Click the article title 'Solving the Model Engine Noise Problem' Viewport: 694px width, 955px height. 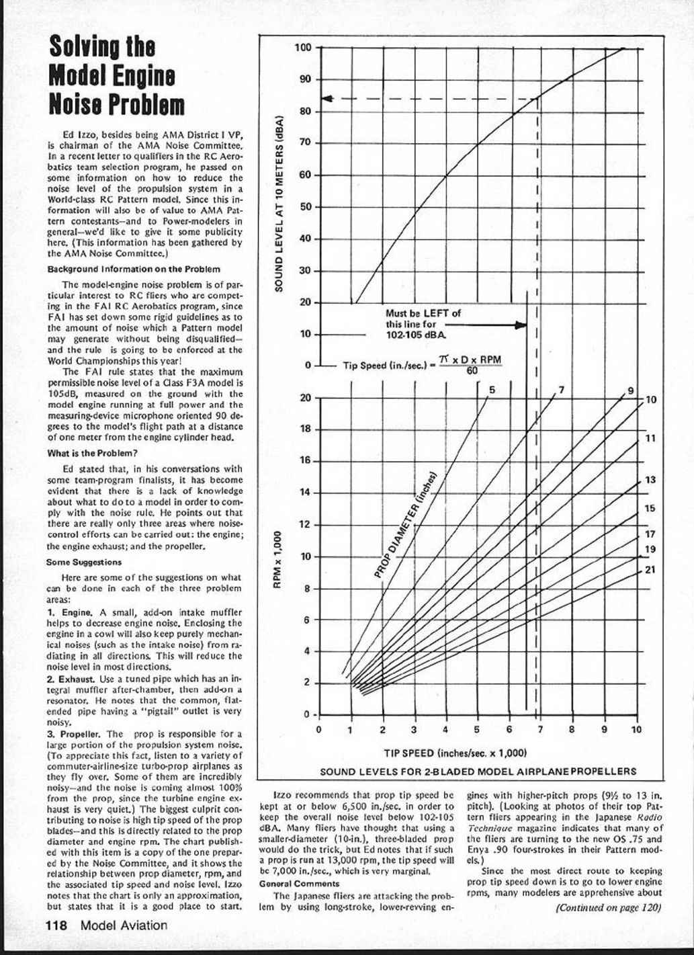coord(116,76)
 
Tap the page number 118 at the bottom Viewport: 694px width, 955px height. coord(57,925)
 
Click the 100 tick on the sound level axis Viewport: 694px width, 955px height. coord(303,48)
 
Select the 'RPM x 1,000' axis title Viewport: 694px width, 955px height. coord(276,559)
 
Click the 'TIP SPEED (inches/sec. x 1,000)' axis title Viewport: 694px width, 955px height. coord(455,753)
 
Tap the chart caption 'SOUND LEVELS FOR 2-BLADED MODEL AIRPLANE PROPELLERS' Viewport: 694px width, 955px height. coord(478,772)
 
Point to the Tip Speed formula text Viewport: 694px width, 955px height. coord(422,365)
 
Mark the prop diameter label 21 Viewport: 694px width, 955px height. coord(650,571)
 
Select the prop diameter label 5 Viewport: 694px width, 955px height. coord(491,390)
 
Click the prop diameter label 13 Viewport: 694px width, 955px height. coord(650,480)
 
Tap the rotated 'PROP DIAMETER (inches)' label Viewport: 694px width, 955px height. coord(406,525)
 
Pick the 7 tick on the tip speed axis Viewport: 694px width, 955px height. coord(540,729)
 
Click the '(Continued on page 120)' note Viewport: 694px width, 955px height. coord(609,907)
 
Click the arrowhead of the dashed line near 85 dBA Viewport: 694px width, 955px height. coord(327,99)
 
